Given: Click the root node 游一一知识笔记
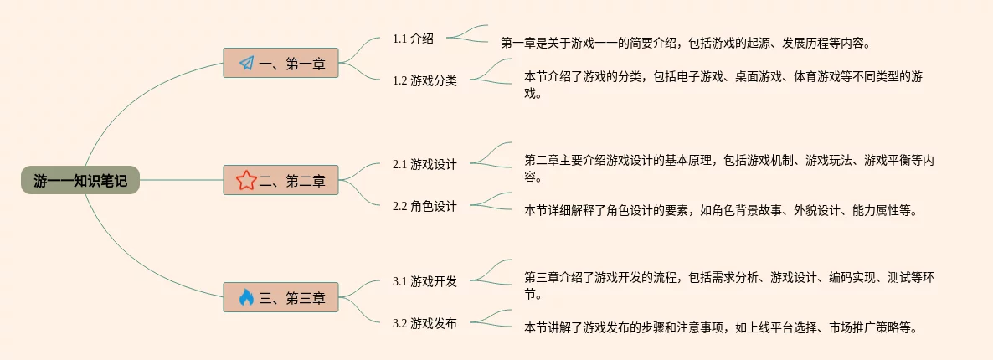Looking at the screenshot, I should pos(80,180).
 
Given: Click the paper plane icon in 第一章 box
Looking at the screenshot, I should pos(246,63).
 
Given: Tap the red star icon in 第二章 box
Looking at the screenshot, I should pos(246,180).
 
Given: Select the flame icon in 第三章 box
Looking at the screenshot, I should pos(246,297).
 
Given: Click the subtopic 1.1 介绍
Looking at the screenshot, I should pos(413,39).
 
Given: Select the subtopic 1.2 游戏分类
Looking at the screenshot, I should pos(424,81).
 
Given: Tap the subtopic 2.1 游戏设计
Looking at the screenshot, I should pos(424,164).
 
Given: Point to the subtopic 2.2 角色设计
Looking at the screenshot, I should pos(424,206).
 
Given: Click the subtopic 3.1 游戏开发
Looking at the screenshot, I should pos(424,281).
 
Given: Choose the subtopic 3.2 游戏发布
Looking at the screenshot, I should pos(424,323).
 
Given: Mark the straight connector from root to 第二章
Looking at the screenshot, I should pos(181,180).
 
